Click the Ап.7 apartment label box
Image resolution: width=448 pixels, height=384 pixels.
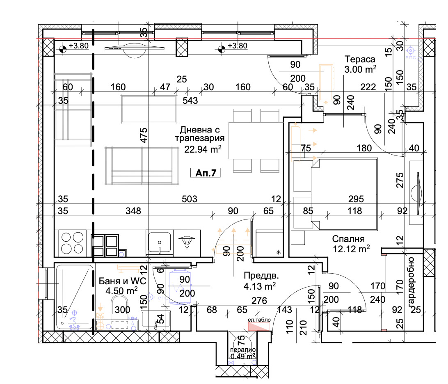click(206, 173)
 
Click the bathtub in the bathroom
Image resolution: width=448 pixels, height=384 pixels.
click(74, 297)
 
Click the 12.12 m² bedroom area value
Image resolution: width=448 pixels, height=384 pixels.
click(352, 249)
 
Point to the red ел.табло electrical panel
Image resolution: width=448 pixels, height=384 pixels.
click(259, 327)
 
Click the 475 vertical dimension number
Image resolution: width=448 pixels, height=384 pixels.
click(144, 136)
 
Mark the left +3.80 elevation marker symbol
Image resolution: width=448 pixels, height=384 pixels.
click(63, 49)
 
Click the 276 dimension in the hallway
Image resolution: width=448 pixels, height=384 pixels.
click(259, 301)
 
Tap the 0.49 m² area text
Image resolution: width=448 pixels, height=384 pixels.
click(243, 356)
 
